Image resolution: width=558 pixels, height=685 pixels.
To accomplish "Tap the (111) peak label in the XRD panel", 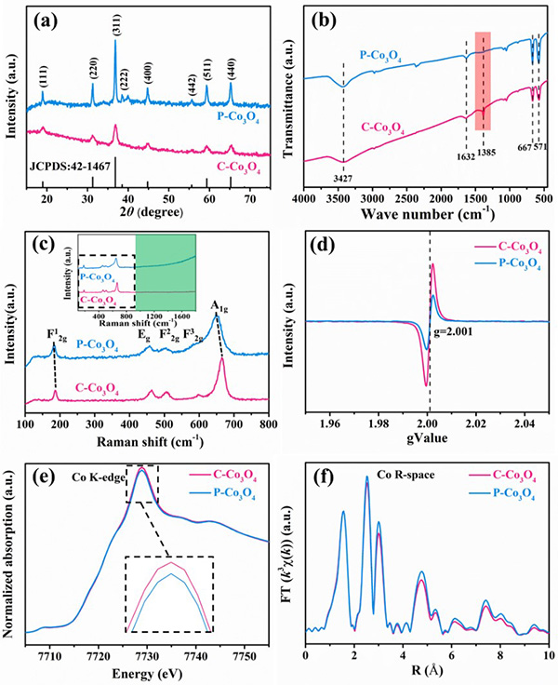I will [43, 71].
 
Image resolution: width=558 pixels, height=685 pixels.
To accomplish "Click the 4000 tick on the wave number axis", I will [305, 198].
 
